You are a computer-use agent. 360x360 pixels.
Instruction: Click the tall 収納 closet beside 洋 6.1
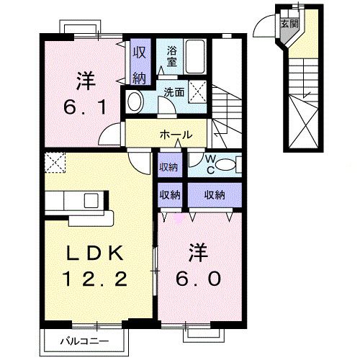pyautogui.click(x=138, y=64)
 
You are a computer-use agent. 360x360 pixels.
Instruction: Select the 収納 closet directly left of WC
pyautogui.click(x=171, y=166)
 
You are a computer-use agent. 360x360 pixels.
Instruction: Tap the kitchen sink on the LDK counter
pyautogui.click(x=93, y=199)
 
